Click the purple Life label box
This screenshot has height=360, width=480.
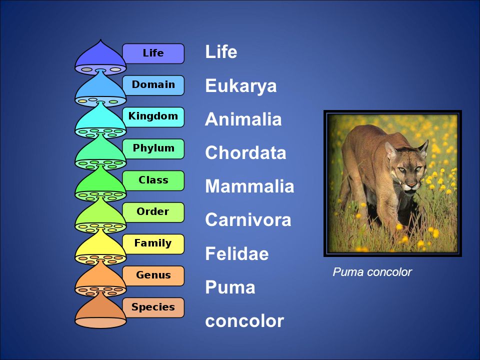point(153,53)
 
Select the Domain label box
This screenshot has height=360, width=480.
point(153,85)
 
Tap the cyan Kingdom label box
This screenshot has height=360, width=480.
point(153,116)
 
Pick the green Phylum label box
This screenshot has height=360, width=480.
point(153,148)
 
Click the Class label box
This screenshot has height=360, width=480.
point(153,180)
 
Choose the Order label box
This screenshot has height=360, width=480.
point(153,212)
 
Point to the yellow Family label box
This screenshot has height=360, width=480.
point(153,243)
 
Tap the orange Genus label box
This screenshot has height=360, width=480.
point(153,275)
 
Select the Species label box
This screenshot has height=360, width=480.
point(153,307)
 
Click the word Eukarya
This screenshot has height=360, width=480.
point(240,86)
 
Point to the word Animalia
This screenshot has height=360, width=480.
point(243,119)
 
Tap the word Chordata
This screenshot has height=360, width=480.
point(245,153)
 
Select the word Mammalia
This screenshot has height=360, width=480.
point(249,186)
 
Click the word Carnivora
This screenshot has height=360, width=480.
point(248,220)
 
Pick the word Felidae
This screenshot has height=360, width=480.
point(236,254)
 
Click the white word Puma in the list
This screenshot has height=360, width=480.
point(230,287)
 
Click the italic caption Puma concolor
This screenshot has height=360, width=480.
point(372,272)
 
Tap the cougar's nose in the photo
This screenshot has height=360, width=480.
point(411,185)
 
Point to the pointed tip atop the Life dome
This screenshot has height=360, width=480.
point(101,41)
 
